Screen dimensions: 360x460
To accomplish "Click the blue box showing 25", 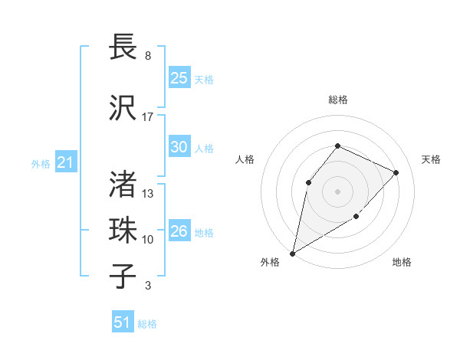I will (179, 78).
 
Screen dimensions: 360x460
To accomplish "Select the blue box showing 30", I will (179, 147).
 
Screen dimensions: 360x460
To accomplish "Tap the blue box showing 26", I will (179, 231).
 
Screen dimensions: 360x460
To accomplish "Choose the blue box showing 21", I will (65, 162).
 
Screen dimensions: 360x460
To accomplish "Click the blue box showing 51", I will (123, 322).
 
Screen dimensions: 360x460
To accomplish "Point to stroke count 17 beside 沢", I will (148, 117).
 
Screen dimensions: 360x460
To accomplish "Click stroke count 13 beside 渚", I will (148, 193).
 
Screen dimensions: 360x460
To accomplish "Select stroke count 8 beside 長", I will (147, 56).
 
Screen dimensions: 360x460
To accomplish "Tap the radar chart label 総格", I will (338, 100).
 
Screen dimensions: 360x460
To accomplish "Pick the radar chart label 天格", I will (432, 159).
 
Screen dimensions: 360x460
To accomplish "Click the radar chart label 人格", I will (245, 159).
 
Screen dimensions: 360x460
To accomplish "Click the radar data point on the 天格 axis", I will (396, 172).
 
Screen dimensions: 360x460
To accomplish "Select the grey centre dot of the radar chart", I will (337, 191).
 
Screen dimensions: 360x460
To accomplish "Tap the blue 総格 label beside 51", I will (147, 324).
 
